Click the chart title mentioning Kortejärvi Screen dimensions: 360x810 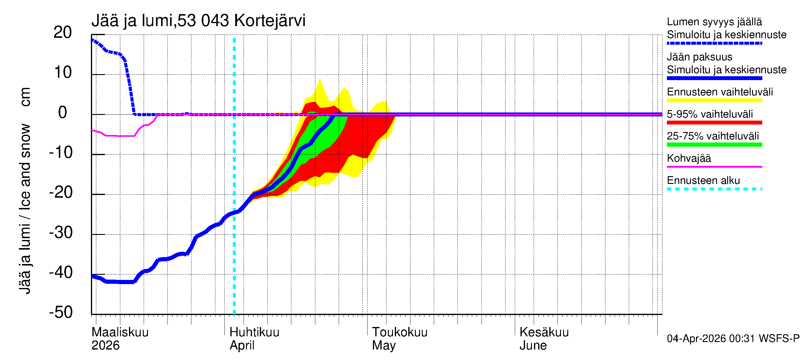[198, 21]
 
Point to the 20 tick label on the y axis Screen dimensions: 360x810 [63, 32]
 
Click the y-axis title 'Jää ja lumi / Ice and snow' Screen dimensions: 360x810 [25, 209]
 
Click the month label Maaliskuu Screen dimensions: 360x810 [120, 332]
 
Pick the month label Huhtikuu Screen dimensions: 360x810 [254, 332]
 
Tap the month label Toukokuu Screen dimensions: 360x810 [400, 332]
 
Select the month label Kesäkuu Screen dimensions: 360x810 [544, 332]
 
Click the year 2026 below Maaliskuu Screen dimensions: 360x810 [105, 346]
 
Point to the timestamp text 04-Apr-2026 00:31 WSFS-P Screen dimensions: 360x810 [733, 339]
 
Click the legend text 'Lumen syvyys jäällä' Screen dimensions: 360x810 [714, 22]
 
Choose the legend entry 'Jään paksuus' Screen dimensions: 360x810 [700, 57]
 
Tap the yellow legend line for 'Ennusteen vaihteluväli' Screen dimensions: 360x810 [714, 100]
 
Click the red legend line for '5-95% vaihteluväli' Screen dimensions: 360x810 [714, 123]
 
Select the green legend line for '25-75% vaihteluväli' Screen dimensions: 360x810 [714, 145]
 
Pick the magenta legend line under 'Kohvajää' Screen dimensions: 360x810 [714, 166]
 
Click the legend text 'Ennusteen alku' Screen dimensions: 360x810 [703, 181]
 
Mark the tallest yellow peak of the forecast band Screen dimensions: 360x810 [320, 79]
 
